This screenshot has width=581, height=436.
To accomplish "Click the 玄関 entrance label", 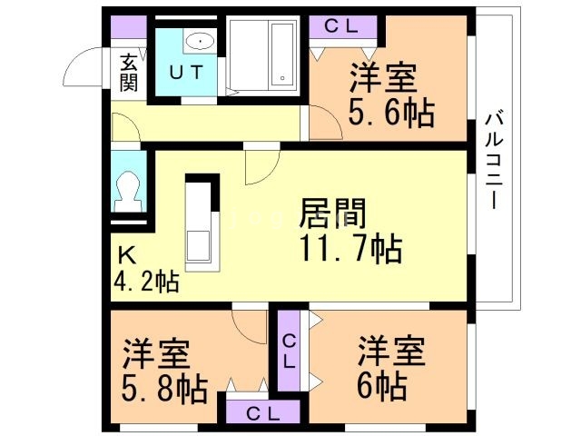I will point(128,73).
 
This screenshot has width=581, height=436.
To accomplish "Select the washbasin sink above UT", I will point(199,41).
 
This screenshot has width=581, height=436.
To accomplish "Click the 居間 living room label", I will point(333,214).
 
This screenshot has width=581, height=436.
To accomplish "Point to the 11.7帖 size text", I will point(347,248).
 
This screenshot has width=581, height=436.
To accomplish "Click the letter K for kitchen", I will point(126,254).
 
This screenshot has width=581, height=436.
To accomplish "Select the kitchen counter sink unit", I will point(201,223).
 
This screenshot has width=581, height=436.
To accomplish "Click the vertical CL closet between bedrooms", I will point(290,351).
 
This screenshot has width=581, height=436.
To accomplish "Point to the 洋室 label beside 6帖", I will point(391,351).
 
